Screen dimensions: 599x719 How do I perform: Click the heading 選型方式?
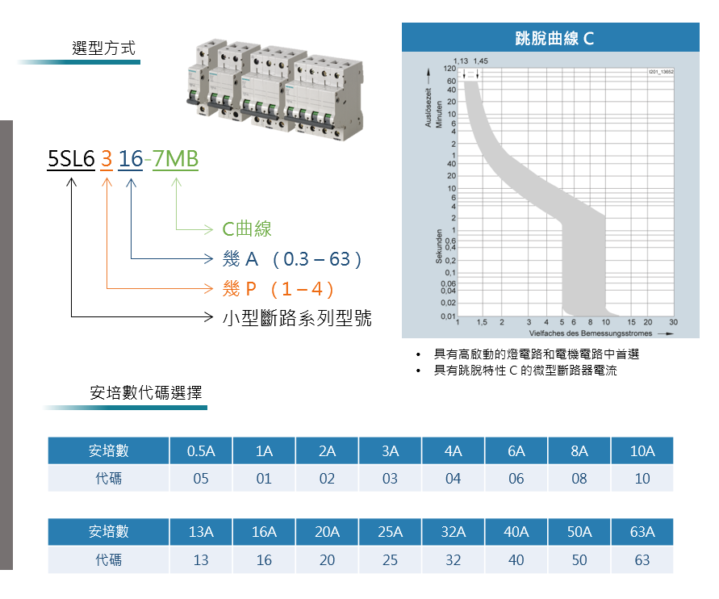(104, 48)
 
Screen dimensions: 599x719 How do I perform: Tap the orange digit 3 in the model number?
(106, 160)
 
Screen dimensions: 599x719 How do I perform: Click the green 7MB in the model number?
(175, 160)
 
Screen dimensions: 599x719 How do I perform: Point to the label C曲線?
(247, 229)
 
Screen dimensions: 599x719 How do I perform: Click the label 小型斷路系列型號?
(297, 317)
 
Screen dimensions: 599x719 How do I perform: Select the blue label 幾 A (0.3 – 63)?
(292, 259)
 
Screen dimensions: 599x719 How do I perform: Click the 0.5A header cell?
(201, 451)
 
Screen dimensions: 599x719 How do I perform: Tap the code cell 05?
(201, 479)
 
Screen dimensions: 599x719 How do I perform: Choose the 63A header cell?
(642, 533)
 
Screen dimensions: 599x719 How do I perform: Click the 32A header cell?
(454, 533)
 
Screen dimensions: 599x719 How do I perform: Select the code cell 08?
(579, 479)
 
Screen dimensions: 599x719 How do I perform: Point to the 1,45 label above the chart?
(480, 61)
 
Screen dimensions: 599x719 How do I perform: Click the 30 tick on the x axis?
(673, 322)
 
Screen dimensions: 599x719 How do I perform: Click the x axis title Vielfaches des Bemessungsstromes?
(592, 333)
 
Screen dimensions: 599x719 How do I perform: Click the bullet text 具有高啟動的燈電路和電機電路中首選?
(537, 354)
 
